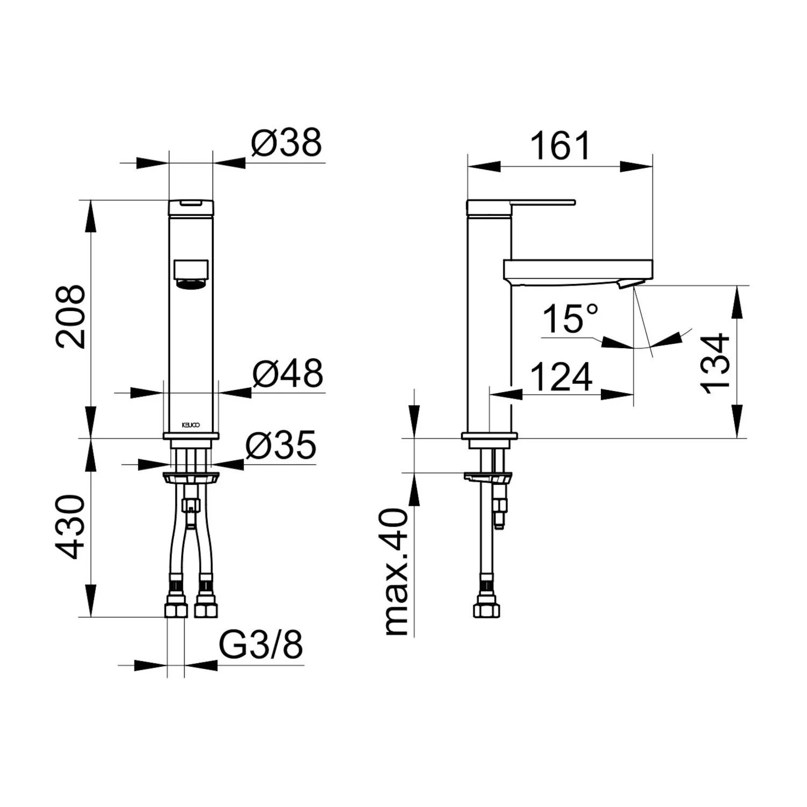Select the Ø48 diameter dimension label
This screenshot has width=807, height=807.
288,373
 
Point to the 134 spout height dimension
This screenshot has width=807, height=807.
716,364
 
